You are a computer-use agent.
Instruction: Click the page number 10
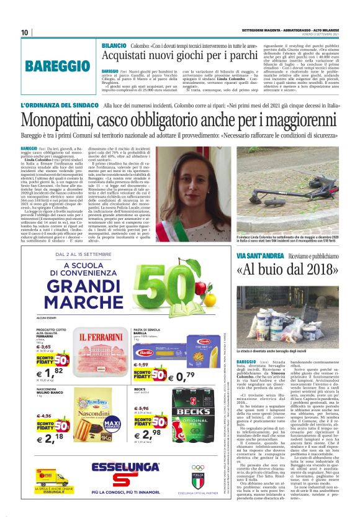pos(25,32)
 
